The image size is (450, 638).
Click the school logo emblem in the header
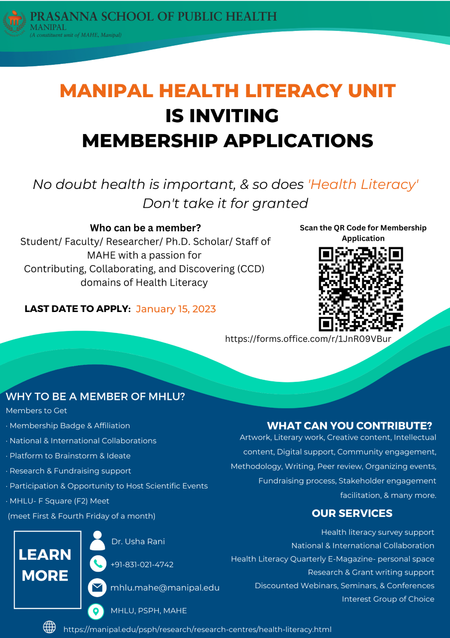click(14, 22)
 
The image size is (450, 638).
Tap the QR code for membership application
click(360, 289)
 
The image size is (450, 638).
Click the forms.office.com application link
click(308, 339)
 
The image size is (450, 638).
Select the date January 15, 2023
click(176, 309)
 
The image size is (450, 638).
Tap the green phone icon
click(98, 564)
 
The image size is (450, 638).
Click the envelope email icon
click(97, 588)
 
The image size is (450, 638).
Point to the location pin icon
click(96, 611)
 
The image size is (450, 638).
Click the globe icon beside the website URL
click(49, 628)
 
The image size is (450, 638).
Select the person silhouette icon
click(98, 541)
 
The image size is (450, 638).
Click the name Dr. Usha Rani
click(138, 542)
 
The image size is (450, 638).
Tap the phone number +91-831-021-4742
click(142, 565)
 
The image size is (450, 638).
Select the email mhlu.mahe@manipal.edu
click(165, 588)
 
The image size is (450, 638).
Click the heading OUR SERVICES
click(352, 513)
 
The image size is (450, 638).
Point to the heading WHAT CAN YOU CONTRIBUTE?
click(349, 426)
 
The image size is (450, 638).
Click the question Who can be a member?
click(145, 228)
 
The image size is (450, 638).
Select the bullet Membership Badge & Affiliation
click(70, 426)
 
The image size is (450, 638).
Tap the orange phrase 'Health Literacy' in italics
click(363, 184)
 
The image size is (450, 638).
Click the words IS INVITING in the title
click(222, 116)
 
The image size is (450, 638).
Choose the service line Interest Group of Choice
click(388, 599)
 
